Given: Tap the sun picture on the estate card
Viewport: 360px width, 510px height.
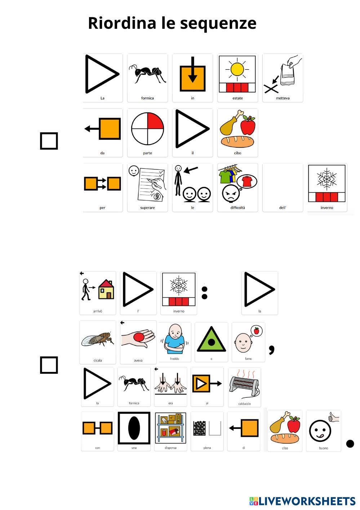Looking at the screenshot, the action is pos(237,69).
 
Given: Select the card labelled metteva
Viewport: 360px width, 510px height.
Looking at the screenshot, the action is pos(283,77).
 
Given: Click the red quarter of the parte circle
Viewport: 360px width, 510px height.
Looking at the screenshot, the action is pos(155,121).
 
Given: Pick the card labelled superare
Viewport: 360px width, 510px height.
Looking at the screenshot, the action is pos(147,187).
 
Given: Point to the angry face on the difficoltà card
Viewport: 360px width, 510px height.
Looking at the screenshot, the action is pos(231,195).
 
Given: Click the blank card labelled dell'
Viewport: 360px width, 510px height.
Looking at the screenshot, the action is pos(283,187).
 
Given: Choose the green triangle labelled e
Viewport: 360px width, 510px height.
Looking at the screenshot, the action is pos(211,340).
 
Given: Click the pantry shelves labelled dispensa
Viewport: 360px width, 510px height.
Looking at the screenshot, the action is pos(170,428).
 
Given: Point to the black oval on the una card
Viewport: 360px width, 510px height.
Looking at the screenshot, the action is pos(134,428).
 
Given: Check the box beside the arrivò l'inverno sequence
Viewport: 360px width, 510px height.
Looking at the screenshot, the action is pos(49,365).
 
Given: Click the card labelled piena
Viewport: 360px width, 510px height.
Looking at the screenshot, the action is pos(207,431).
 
